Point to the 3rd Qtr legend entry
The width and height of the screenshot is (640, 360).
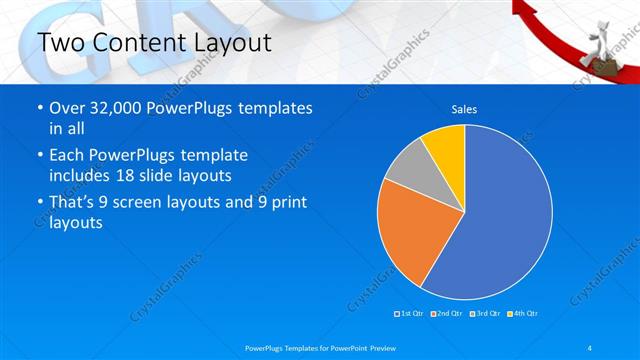pos(486,315)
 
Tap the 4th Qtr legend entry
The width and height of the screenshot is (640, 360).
pos(523,315)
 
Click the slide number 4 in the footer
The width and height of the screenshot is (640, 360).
pos(590,346)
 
